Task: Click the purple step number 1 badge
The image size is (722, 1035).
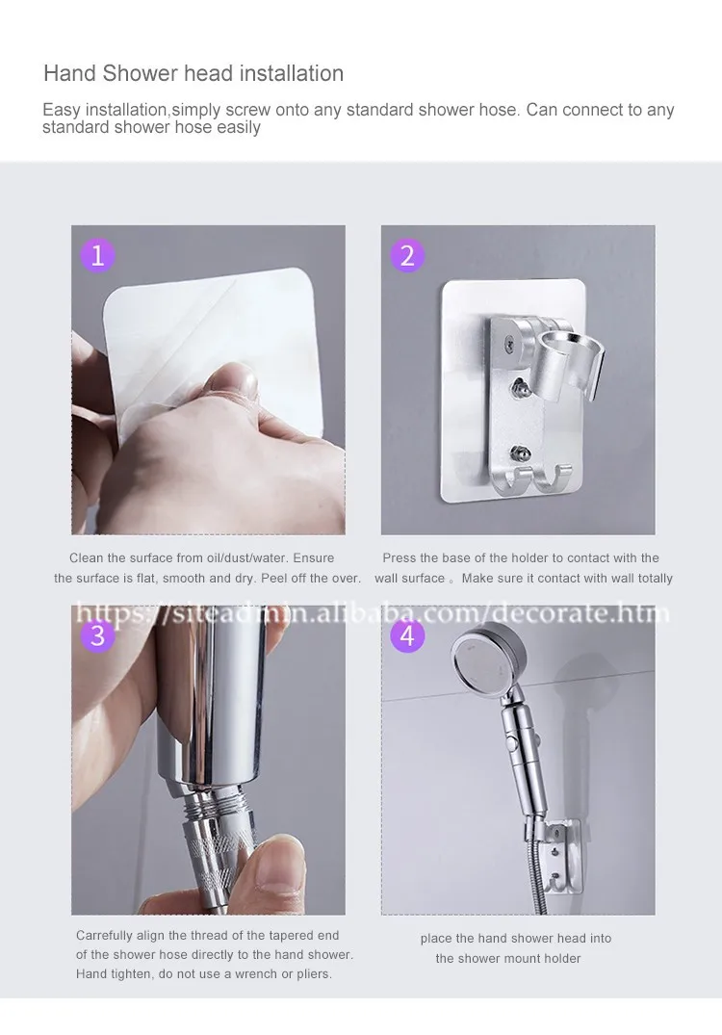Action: point(97,255)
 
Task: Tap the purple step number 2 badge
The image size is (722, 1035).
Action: point(407,255)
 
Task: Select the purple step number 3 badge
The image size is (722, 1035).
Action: point(97,635)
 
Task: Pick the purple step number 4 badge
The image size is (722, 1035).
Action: point(407,635)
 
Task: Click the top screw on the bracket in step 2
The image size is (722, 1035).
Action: point(509,343)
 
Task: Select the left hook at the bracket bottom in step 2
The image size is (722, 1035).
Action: point(521,480)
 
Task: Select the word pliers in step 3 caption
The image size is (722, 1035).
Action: point(314,974)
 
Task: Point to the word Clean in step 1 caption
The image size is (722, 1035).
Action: point(87,557)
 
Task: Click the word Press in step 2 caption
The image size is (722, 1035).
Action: point(400,557)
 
